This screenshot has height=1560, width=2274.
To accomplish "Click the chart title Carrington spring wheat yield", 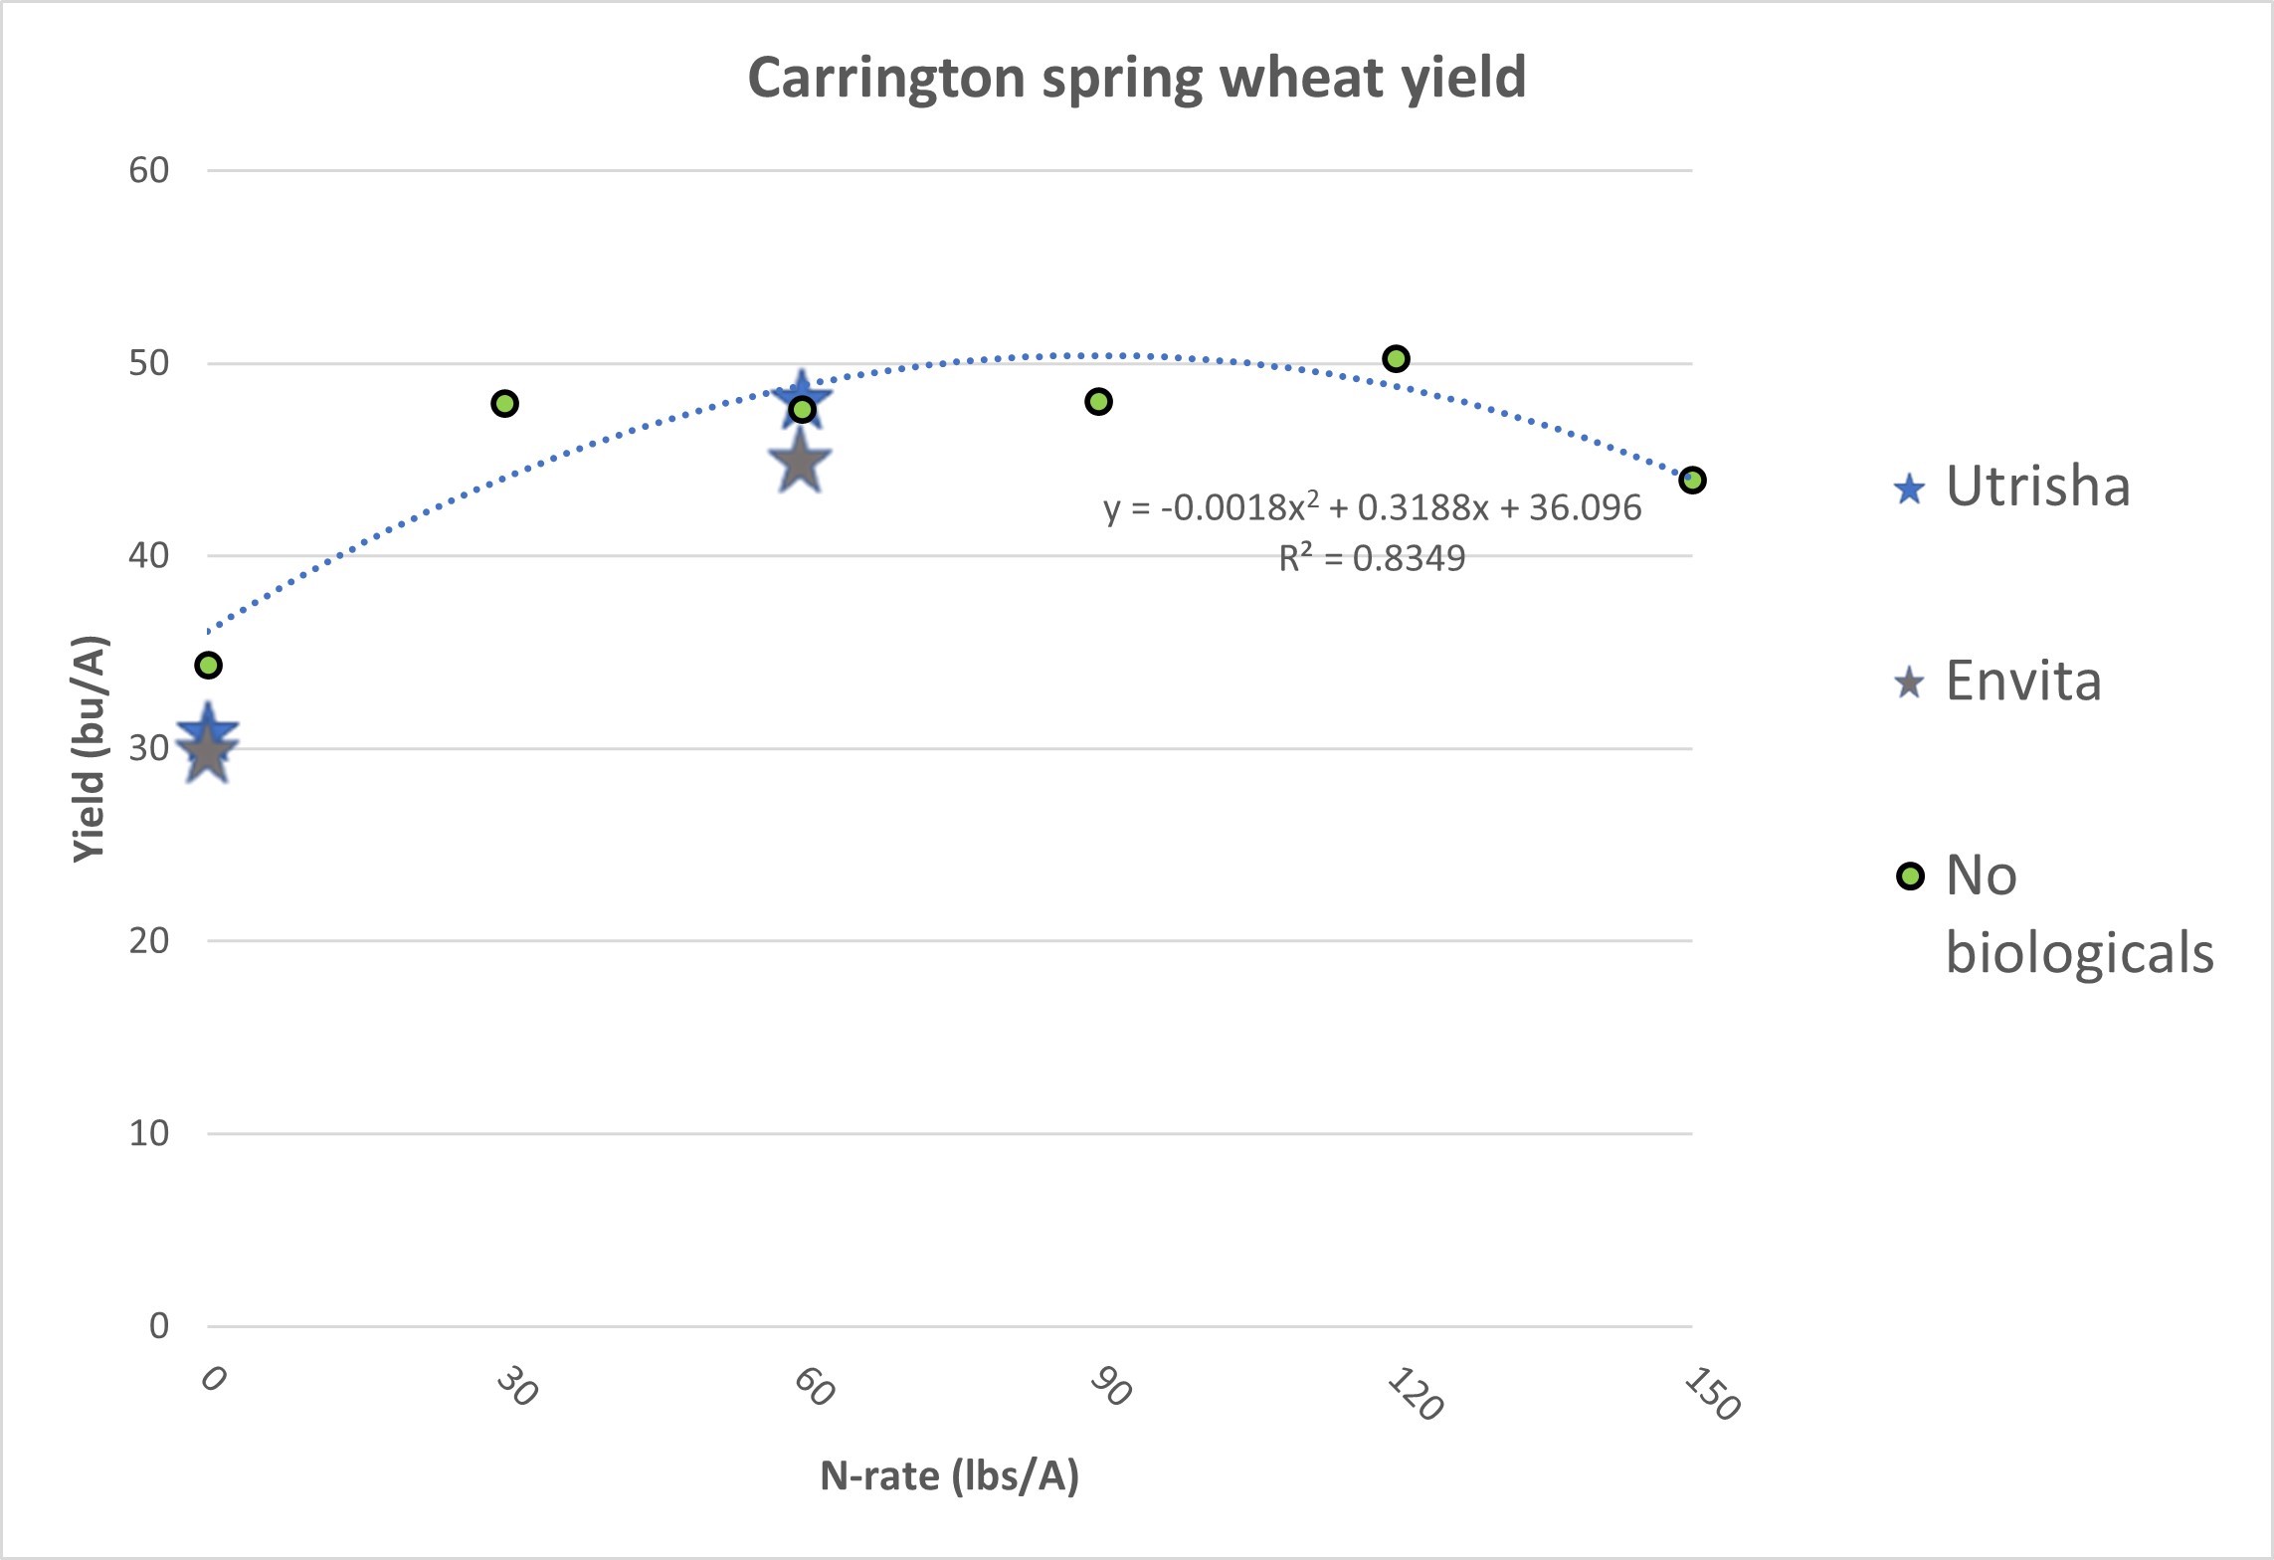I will click(x=1136, y=78).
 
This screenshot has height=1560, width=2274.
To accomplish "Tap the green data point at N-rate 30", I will click(x=504, y=403).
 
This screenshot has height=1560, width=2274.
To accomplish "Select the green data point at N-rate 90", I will click(x=1098, y=401).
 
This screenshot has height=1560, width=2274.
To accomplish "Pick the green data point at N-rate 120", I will click(x=1396, y=358).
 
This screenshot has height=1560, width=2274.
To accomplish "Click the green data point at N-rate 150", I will click(x=1692, y=480).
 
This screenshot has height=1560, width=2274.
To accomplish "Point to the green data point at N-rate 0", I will click(x=208, y=665).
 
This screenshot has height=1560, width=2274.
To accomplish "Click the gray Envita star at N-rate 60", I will click(x=800, y=464).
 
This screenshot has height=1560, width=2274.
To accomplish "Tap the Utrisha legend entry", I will click(x=2036, y=487).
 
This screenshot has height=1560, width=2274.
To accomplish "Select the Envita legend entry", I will click(x=2022, y=682).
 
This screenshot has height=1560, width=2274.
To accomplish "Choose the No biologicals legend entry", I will click(x=2078, y=913).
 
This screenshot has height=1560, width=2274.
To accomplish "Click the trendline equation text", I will click(x=1372, y=507).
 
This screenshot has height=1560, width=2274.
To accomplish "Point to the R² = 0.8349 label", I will click(x=1372, y=558).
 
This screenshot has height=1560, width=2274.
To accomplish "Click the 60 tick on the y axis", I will click(x=149, y=170).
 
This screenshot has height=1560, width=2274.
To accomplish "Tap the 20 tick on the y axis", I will click(x=149, y=940).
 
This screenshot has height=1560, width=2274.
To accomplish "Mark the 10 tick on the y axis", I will click(x=149, y=1132).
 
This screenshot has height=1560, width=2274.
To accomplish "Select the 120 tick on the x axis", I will click(x=1414, y=1393).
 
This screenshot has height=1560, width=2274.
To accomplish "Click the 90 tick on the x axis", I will click(x=1110, y=1386).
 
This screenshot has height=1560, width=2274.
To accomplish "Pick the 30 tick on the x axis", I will click(x=516, y=1386).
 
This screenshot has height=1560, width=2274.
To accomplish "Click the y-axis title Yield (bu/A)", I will click(x=90, y=748).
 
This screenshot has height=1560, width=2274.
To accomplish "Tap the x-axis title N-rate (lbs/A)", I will click(x=949, y=1475).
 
